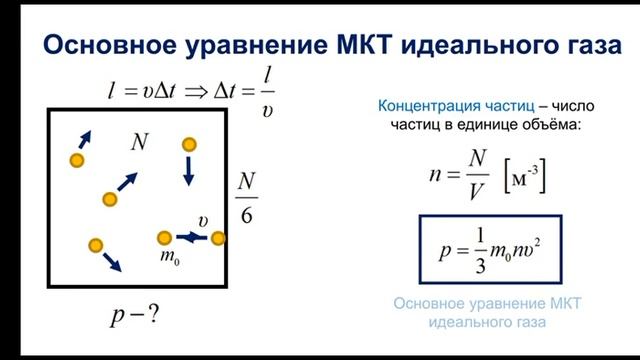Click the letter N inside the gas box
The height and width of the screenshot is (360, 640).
pyautogui.click(x=139, y=142)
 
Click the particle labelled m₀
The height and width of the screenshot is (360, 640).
pyautogui.click(x=165, y=238)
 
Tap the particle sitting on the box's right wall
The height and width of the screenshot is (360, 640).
pyautogui.click(x=218, y=238)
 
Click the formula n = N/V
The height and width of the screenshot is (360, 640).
pyautogui.click(x=458, y=177)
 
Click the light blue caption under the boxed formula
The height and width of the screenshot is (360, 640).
pyautogui.click(x=488, y=312)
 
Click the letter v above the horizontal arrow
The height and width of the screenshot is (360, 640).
pyautogui.click(x=202, y=220)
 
